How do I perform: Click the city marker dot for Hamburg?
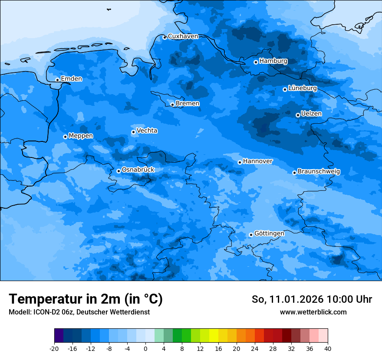point(256,62)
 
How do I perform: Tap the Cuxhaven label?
point(183,36)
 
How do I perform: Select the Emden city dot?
point(57,80)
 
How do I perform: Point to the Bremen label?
point(188,104)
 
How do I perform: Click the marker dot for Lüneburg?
point(285,89)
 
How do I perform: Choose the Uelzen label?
point(311,114)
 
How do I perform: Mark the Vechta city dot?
point(133,132)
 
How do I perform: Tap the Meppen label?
point(81,136)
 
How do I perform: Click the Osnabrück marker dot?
point(119,171)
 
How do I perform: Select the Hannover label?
point(257,161)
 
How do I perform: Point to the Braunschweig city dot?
point(294,173)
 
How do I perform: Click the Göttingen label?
point(269,234)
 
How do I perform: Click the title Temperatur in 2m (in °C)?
point(86,299)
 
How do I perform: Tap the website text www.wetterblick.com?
point(313,312)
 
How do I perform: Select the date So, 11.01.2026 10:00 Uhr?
point(312,299)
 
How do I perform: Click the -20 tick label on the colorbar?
point(54,349)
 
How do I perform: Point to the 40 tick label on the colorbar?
point(328,349)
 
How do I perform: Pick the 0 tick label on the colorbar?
point(145,349)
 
